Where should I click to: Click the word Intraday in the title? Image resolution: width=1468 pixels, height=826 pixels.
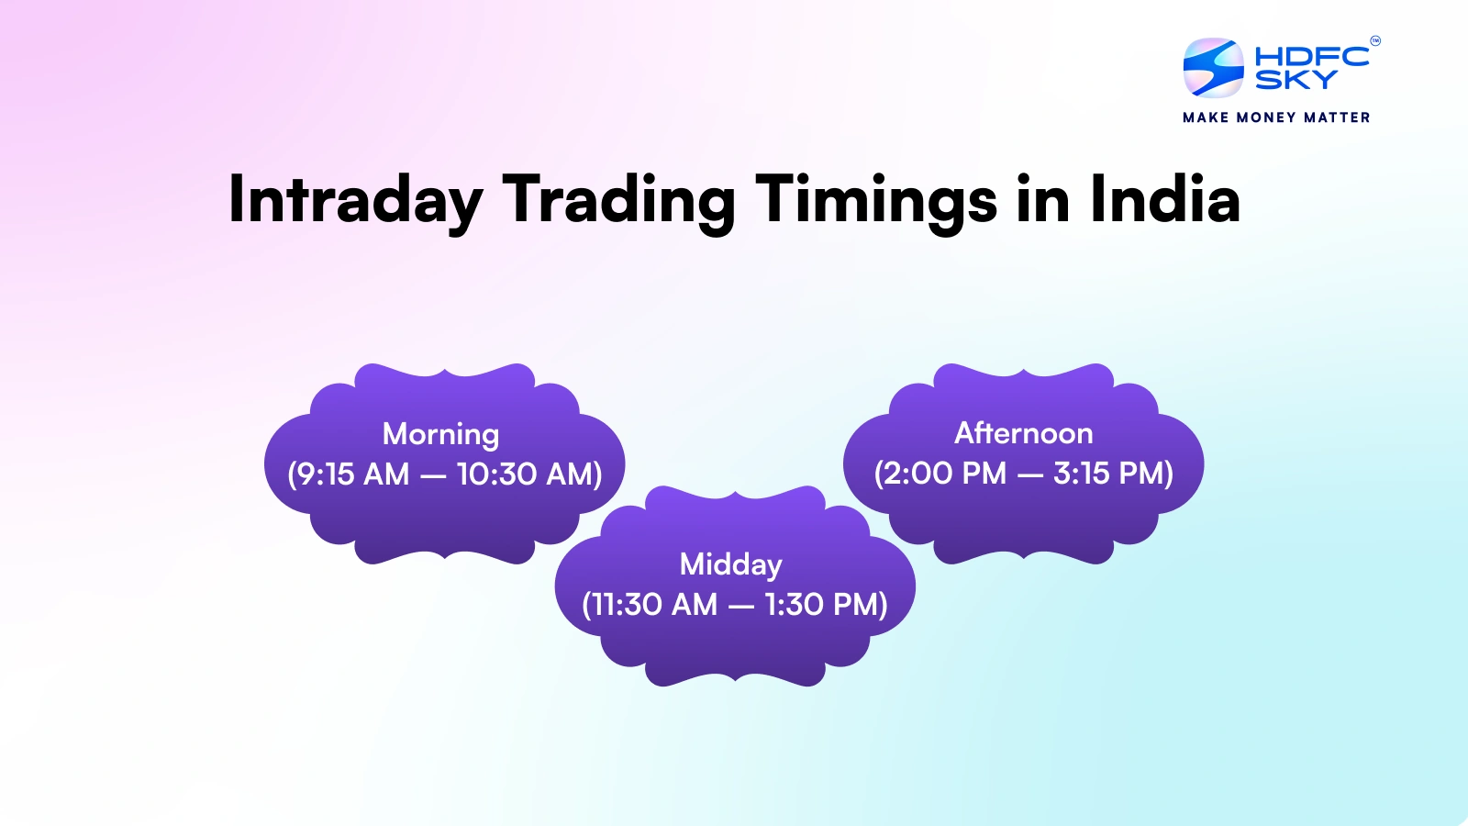(x=355, y=200)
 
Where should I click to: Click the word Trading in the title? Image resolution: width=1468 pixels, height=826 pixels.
(x=618, y=200)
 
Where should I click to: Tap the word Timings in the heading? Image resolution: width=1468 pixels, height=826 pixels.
(x=875, y=200)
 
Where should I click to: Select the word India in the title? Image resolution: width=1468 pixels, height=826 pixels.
(x=1164, y=200)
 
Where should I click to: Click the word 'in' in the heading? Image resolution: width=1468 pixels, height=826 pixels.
(x=1042, y=200)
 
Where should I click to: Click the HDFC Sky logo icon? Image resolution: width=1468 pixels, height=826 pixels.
(x=1213, y=68)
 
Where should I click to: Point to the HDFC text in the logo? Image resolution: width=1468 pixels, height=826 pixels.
(x=1311, y=57)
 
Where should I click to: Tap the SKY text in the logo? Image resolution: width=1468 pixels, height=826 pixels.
(x=1296, y=81)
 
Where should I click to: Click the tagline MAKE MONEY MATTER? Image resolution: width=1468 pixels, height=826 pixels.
(x=1276, y=117)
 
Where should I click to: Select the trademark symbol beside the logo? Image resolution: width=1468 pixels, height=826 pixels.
(x=1374, y=40)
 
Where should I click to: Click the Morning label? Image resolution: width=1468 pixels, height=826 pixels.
(x=440, y=434)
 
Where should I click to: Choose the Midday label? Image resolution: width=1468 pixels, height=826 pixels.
(x=731, y=564)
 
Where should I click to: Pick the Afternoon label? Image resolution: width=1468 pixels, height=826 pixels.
(x=1024, y=433)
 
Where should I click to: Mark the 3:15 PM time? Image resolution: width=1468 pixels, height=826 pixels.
(x=1110, y=474)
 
